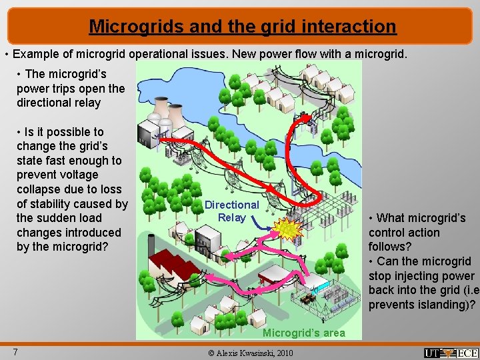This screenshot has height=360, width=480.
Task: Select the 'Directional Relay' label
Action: pyautogui.click(x=231, y=211)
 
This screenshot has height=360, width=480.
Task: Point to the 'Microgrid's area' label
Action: pyautogui.click(x=304, y=333)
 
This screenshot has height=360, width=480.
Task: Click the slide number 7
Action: pyautogui.click(x=14, y=351)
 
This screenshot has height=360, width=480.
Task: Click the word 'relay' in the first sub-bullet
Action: pyautogui.click(x=86, y=103)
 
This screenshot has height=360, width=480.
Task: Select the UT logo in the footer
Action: pyautogui.click(x=433, y=353)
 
